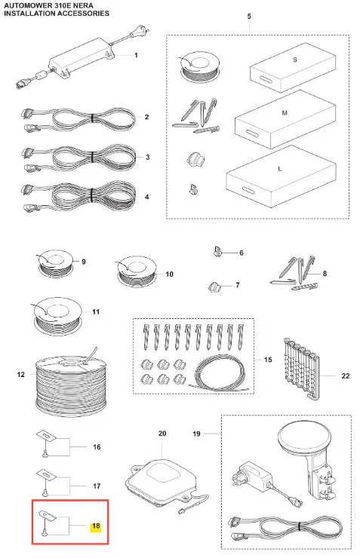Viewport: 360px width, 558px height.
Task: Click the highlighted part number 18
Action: point(96,526)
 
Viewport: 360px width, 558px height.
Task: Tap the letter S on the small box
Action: point(295,60)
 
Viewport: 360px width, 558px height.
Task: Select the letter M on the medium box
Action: point(285,113)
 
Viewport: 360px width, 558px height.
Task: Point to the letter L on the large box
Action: point(279,168)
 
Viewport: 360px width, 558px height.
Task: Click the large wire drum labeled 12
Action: point(71,381)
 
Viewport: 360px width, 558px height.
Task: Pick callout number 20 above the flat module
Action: point(162,434)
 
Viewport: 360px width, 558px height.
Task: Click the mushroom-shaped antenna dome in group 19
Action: point(305,437)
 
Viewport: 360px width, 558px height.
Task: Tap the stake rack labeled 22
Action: point(302,368)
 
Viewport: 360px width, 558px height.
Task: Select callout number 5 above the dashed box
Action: point(249,17)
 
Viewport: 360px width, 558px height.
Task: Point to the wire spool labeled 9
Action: point(55,263)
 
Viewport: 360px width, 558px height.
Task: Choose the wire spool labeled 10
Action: point(136,271)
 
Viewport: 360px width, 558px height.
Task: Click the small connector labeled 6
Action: point(217,251)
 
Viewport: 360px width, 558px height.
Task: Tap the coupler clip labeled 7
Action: point(214,287)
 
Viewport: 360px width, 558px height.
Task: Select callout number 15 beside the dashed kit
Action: point(268,360)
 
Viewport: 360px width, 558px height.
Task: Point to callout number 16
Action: point(97,446)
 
